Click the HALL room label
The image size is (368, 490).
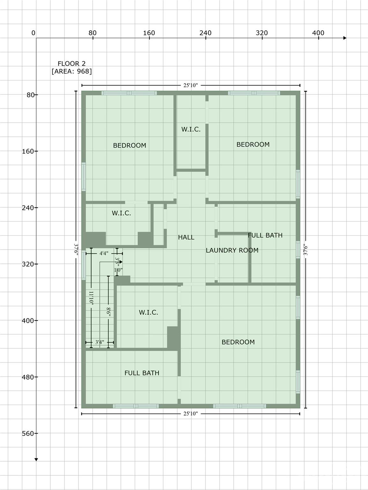186,237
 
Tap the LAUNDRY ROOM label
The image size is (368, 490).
232,250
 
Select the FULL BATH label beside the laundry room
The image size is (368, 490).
265,235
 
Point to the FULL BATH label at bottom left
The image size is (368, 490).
142,373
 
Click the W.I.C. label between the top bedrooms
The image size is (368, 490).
191,129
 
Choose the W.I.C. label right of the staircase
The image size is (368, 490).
148,313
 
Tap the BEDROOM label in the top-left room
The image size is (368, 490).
129,145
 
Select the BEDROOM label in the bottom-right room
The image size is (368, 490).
238,342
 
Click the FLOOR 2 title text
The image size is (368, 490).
71,64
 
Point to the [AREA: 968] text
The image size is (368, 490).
71,71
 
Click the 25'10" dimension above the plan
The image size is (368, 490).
190,85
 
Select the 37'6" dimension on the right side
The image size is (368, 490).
305,250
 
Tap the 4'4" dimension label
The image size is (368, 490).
104,254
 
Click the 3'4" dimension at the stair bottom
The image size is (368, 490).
99,342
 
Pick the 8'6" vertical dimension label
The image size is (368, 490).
109,312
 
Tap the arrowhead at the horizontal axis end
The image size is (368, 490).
345,38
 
